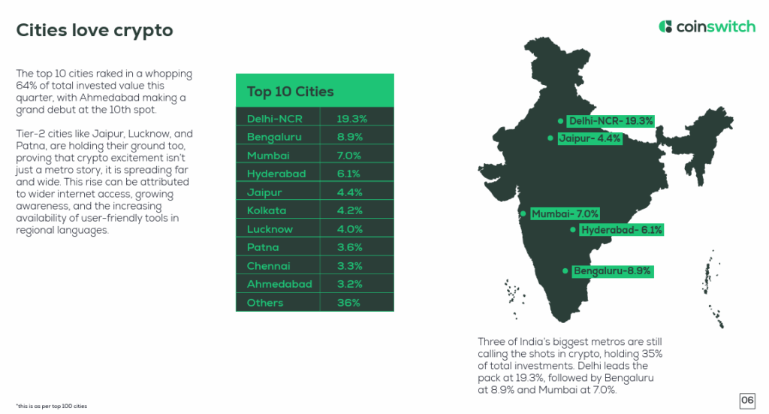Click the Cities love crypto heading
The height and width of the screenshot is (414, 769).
(x=95, y=30)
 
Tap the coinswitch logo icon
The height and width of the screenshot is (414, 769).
(x=665, y=27)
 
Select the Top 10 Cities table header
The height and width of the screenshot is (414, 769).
(x=291, y=92)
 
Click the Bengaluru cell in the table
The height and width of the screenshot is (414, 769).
(x=270, y=137)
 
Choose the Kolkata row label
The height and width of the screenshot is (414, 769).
(x=267, y=210)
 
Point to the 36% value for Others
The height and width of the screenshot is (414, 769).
(x=348, y=303)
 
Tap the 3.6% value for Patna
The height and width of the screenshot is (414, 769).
(x=350, y=247)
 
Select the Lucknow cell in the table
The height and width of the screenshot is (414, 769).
(x=270, y=229)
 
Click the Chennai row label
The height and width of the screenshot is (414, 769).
(x=268, y=266)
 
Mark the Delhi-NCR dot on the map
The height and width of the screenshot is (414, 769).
(x=560, y=121)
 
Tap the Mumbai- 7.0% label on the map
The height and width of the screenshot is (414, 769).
(x=565, y=214)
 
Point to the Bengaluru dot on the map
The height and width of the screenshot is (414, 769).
(x=565, y=270)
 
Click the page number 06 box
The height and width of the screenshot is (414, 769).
(x=747, y=400)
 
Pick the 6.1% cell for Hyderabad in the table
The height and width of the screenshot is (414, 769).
(x=350, y=174)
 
